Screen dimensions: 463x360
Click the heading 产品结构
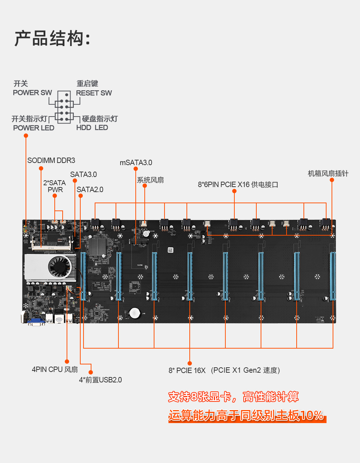pyautogui.click(x=52, y=38)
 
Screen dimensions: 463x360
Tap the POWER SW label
pyautogui.click(x=32, y=92)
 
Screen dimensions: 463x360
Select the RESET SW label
pyautogui.click(x=94, y=93)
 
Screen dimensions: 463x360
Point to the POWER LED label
pyautogui.click(x=33, y=128)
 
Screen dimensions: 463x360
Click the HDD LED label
pyautogui.click(x=92, y=127)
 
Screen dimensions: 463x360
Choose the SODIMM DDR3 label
pyautogui.click(x=51, y=160)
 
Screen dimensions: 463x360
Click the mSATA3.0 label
pyautogui.click(x=136, y=163)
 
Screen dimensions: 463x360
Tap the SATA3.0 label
pyautogui.click(x=84, y=174)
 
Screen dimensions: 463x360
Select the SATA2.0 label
pyautogui.click(x=90, y=190)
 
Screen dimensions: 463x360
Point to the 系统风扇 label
pyautogui.click(x=150, y=180)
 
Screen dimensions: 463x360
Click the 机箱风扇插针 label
pyautogui.click(x=328, y=173)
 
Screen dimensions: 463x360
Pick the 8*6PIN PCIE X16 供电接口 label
pyautogui.click(x=238, y=185)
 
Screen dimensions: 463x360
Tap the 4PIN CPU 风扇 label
pyautogui.click(x=55, y=369)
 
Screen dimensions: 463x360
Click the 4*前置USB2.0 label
pyautogui.click(x=100, y=380)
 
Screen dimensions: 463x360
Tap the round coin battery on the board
pyautogui.click(x=135, y=312)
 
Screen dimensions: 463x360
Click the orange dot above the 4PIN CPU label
pyautogui.click(x=67, y=361)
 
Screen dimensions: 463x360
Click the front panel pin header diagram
pyautogui.click(x=64, y=107)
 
